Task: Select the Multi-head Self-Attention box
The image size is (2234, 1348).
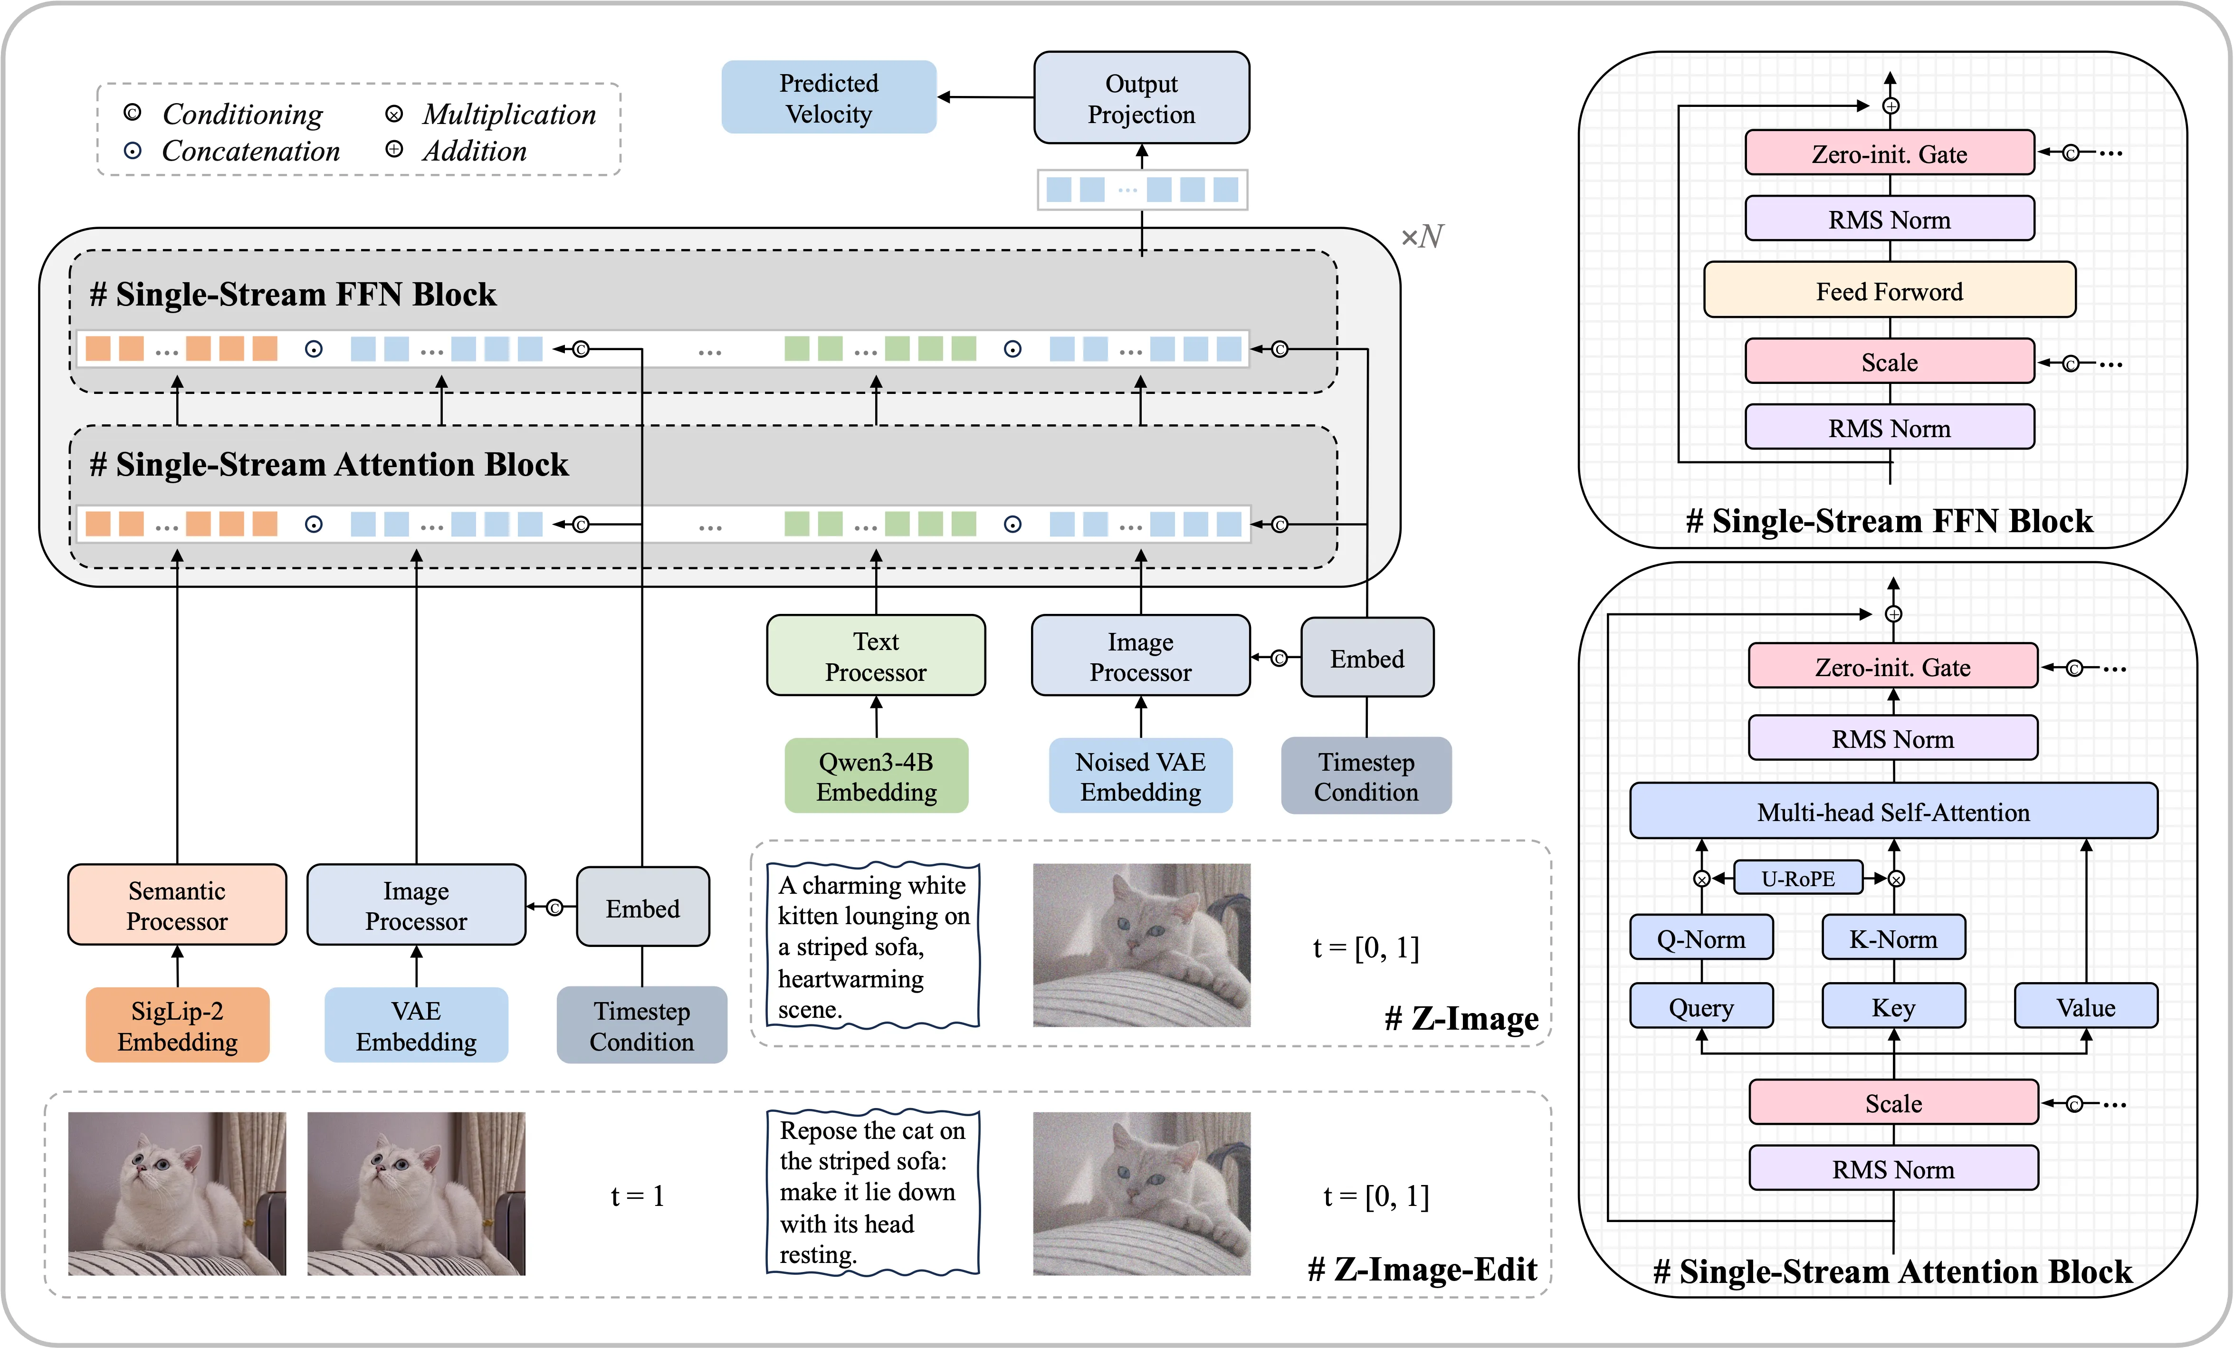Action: pyautogui.click(x=1892, y=812)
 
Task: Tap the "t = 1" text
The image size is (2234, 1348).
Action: pyautogui.click(x=637, y=1195)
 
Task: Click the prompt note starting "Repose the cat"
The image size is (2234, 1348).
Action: pyautogui.click(x=872, y=1192)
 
